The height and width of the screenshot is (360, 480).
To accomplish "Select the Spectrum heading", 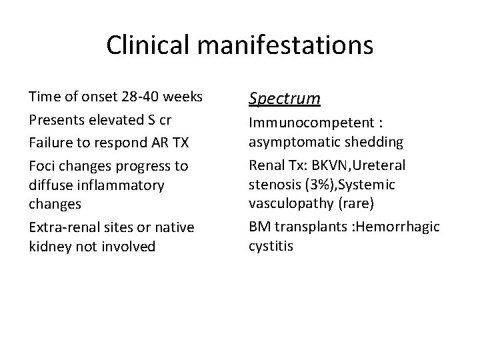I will pos(285,99).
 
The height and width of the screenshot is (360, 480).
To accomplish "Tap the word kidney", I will pos(49,247).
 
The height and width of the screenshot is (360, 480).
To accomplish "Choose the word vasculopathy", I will pos(290,203).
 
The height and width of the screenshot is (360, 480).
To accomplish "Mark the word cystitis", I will pos(271,246).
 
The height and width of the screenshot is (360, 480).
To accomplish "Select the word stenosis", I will pos(272,184).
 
